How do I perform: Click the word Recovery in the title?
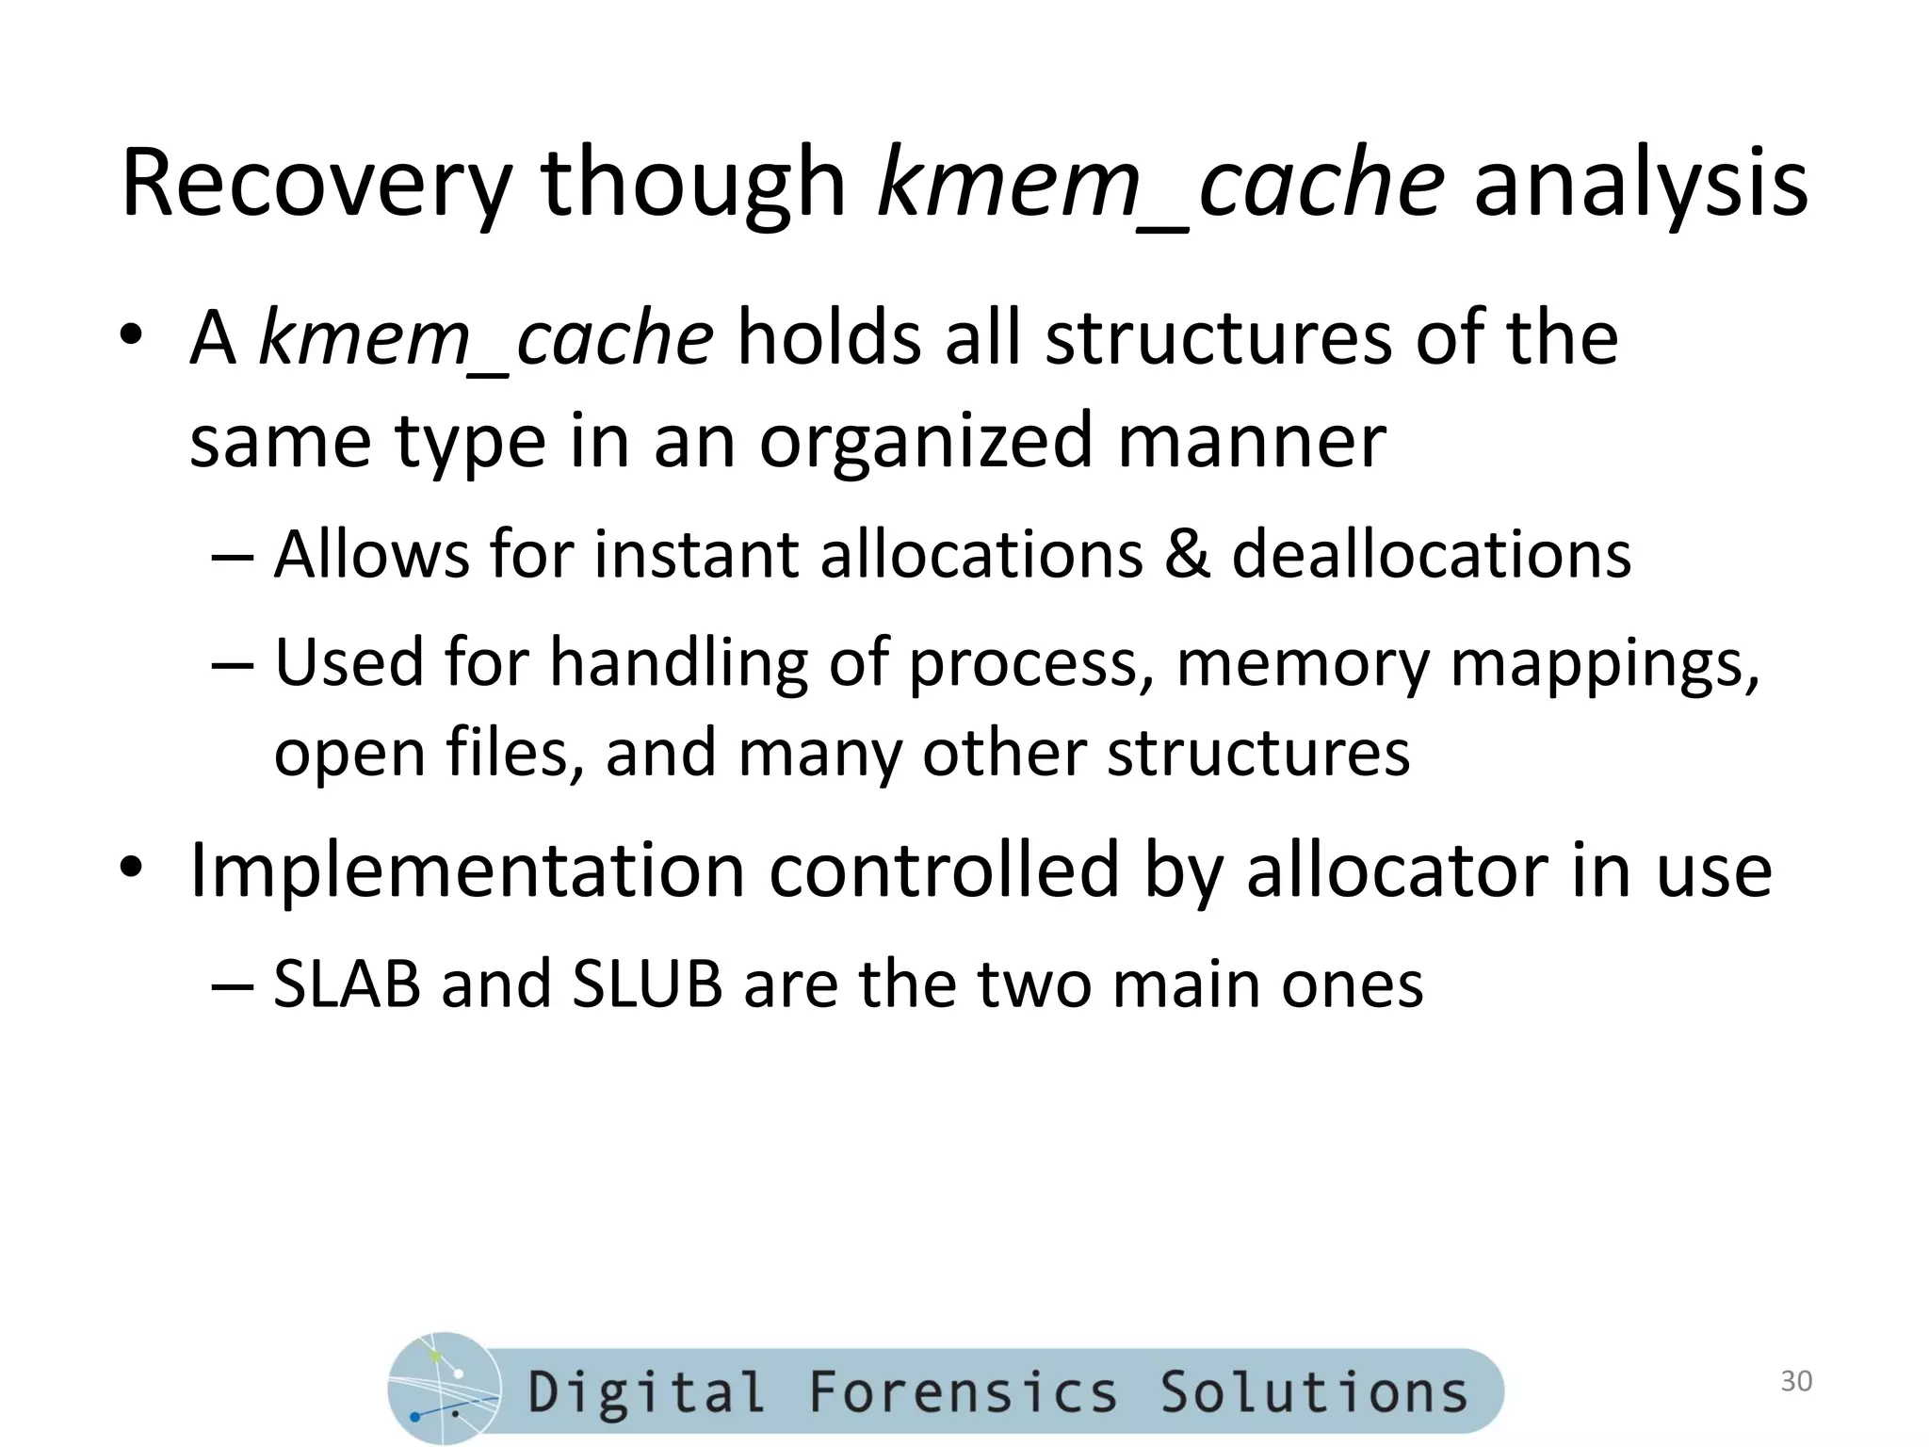(316, 184)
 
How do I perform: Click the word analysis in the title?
(1640, 184)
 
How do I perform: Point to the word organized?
(927, 442)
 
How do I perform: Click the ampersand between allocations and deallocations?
(1187, 554)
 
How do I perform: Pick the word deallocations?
(1432, 554)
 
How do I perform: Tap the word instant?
(696, 554)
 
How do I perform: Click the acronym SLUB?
(647, 985)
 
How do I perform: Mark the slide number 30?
(1796, 1381)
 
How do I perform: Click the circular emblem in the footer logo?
(444, 1389)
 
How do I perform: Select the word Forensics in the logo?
(963, 1391)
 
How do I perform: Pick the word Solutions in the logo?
(1314, 1391)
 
